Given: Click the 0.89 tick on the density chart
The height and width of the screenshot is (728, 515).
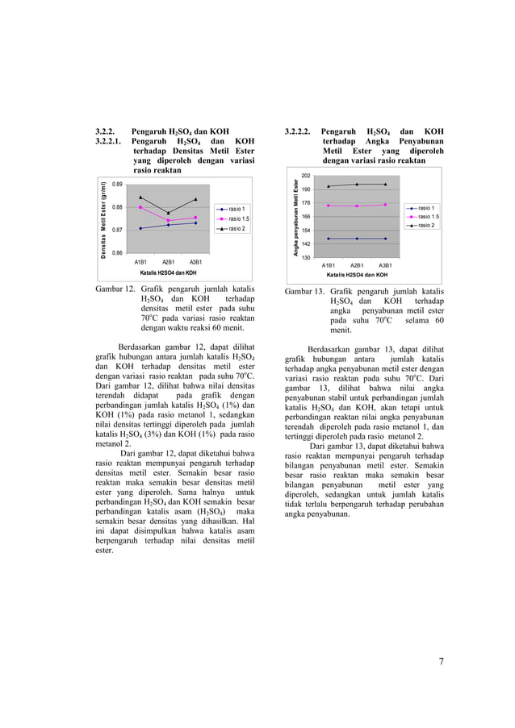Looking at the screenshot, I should [x=117, y=185].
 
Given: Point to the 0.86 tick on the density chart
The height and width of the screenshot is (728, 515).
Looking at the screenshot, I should [x=117, y=253].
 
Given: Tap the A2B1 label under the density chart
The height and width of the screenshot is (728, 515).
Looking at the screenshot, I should [x=168, y=262].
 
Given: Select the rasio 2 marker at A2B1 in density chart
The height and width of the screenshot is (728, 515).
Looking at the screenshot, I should [x=168, y=213].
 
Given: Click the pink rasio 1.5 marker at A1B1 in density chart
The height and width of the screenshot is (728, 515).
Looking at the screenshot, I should [x=140, y=207].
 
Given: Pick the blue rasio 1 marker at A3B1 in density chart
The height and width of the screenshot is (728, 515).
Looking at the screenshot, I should [x=195, y=223].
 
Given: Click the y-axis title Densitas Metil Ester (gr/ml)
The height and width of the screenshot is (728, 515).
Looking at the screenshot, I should [x=103, y=218].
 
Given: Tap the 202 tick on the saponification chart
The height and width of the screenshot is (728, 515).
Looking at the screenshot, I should [x=306, y=176].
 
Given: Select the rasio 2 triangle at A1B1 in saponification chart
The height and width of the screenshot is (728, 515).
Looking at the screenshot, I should [x=329, y=186].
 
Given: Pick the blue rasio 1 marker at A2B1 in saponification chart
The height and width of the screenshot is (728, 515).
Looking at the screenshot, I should [x=357, y=239].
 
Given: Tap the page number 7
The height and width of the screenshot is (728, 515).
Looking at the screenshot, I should [x=441, y=662].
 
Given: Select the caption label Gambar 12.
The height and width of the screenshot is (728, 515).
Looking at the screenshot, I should [x=115, y=289].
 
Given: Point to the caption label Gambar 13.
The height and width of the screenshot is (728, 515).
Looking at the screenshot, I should [x=305, y=291].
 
